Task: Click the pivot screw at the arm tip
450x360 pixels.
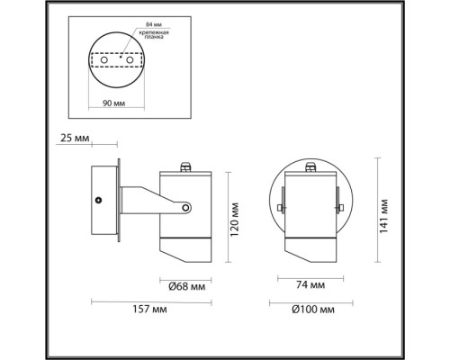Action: [x=185, y=208]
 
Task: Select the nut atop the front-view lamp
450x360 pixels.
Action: [x=310, y=166]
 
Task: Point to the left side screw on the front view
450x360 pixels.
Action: [x=280, y=209]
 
